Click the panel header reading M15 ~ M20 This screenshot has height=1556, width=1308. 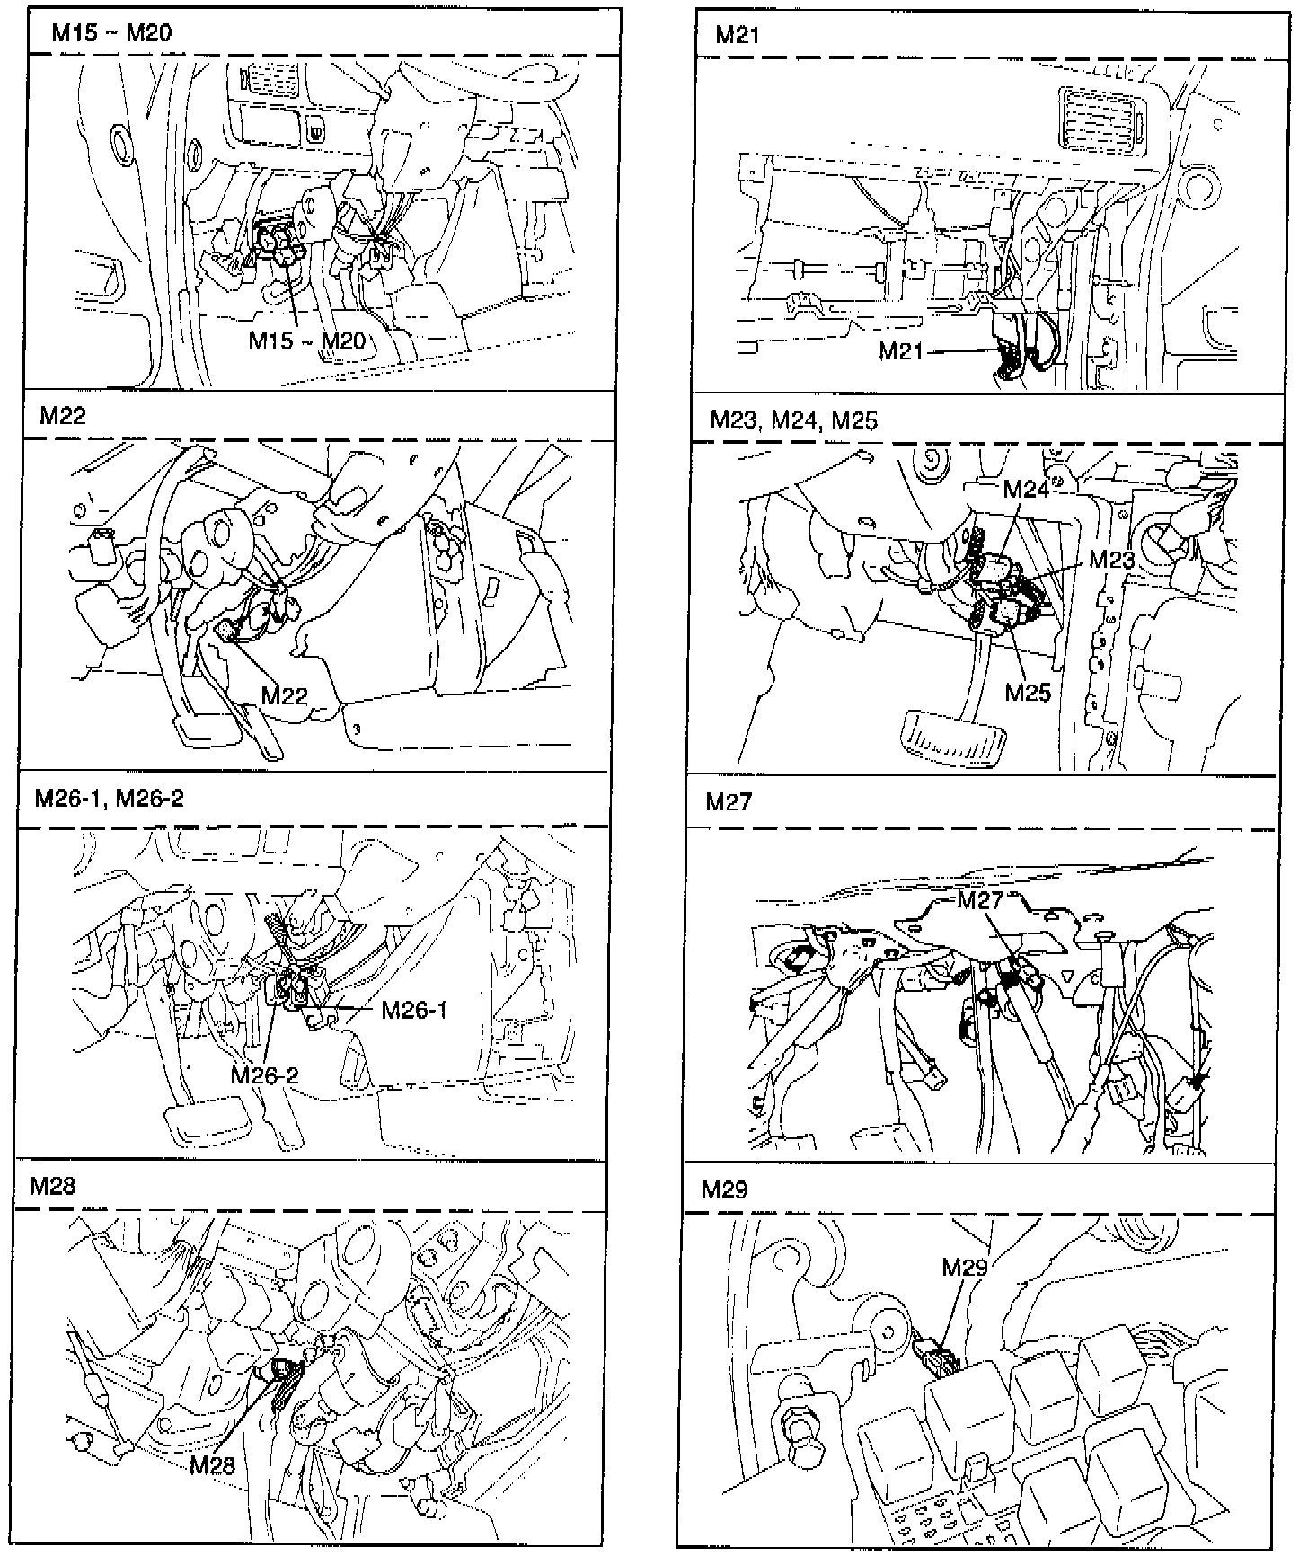[x=111, y=34]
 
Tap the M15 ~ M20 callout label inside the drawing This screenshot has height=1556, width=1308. [x=307, y=340]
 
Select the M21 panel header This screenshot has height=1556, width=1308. [x=738, y=35]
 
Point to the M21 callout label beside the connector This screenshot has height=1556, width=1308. [x=901, y=351]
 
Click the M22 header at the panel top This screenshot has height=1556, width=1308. [x=63, y=415]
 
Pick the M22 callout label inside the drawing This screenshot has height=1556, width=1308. [x=285, y=695]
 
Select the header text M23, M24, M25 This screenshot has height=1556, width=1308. [x=793, y=420]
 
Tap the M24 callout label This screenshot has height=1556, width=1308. [x=1027, y=490]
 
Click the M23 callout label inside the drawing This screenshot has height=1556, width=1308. [x=1112, y=559]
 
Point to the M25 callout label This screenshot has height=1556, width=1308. [x=1028, y=693]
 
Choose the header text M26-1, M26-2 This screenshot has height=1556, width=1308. [x=109, y=799]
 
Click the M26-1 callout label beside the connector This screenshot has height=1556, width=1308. [x=414, y=1010]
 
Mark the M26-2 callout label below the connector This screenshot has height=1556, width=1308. [x=264, y=1074]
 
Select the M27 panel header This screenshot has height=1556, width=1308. [x=729, y=801]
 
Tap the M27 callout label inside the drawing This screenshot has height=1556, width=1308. [x=979, y=901]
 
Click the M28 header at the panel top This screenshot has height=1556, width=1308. [x=53, y=1187]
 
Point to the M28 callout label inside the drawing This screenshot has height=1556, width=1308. [x=213, y=1465]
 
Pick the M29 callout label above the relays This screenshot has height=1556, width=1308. [x=965, y=1268]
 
